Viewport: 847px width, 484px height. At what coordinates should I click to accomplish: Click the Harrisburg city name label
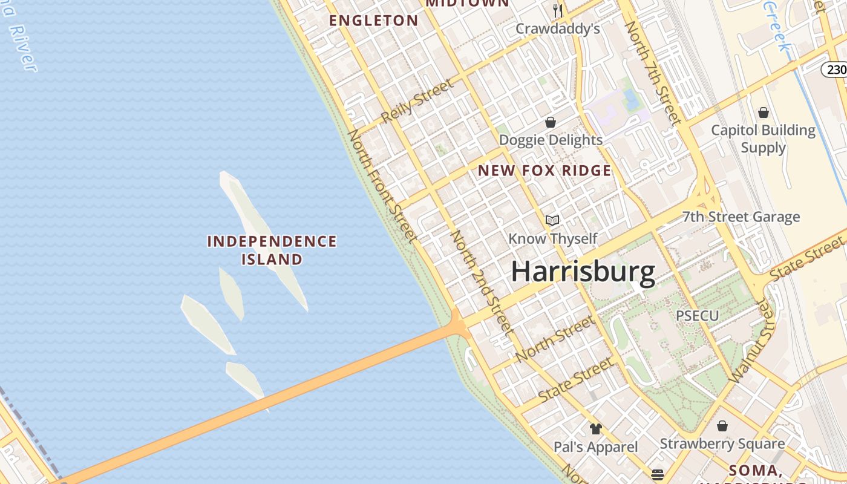click(583, 272)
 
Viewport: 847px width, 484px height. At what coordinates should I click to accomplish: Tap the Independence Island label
click(272, 250)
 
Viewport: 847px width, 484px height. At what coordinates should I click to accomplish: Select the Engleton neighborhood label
click(373, 21)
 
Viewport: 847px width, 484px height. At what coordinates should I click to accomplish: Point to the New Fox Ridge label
click(544, 171)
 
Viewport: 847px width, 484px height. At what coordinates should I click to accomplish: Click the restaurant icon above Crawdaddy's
click(558, 10)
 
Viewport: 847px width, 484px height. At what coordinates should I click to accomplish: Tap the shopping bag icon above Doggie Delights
click(551, 122)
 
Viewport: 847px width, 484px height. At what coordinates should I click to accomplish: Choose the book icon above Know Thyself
click(552, 220)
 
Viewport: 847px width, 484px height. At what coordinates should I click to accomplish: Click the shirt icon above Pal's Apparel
click(596, 429)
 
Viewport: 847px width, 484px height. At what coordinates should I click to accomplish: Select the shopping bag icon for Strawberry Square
click(722, 426)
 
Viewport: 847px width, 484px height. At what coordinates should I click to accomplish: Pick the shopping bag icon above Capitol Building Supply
click(764, 112)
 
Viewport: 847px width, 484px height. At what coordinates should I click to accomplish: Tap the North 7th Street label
click(653, 73)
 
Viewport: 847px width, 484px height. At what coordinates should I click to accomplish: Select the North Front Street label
click(382, 185)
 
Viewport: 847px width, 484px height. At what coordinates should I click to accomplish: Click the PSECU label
click(697, 316)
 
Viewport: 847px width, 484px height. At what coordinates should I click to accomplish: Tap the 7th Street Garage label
click(741, 217)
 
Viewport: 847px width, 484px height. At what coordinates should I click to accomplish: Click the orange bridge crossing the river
click(272, 399)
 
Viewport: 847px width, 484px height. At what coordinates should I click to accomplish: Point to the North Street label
click(555, 339)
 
